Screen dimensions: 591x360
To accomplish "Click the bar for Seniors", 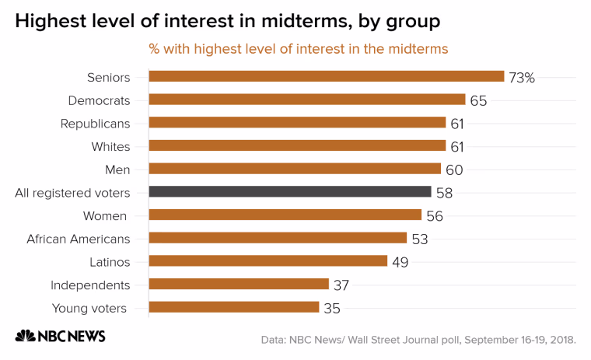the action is pyautogui.click(x=327, y=76).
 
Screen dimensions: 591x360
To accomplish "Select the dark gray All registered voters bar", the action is pyautogui.click(x=290, y=191).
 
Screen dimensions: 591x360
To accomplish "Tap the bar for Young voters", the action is pyautogui.click(x=234, y=307).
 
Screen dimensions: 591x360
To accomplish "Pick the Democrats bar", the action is pyautogui.click(x=307, y=100).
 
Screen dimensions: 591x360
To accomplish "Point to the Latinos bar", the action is pyautogui.click(x=268, y=260).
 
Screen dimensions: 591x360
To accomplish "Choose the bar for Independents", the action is pyautogui.click(x=239, y=284).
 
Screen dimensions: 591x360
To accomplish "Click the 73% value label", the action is pyautogui.click(x=522, y=78).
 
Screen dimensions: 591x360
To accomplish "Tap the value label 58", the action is pyautogui.click(x=444, y=193).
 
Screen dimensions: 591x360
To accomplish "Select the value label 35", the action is pyautogui.click(x=332, y=309).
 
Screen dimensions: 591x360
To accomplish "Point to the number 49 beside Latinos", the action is pyautogui.click(x=400, y=262).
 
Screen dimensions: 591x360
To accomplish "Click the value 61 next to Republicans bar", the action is pyautogui.click(x=456, y=124).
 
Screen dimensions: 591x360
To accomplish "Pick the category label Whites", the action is pyautogui.click(x=110, y=147).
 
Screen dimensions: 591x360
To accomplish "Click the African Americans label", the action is pyautogui.click(x=78, y=239).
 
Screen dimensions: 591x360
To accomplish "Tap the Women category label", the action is pyautogui.click(x=105, y=216).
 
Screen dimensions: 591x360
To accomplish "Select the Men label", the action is pyautogui.click(x=117, y=170).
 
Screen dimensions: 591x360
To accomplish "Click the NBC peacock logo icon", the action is pyautogui.click(x=25, y=335).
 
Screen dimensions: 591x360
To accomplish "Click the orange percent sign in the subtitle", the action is pyautogui.click(x=154, y=49).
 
